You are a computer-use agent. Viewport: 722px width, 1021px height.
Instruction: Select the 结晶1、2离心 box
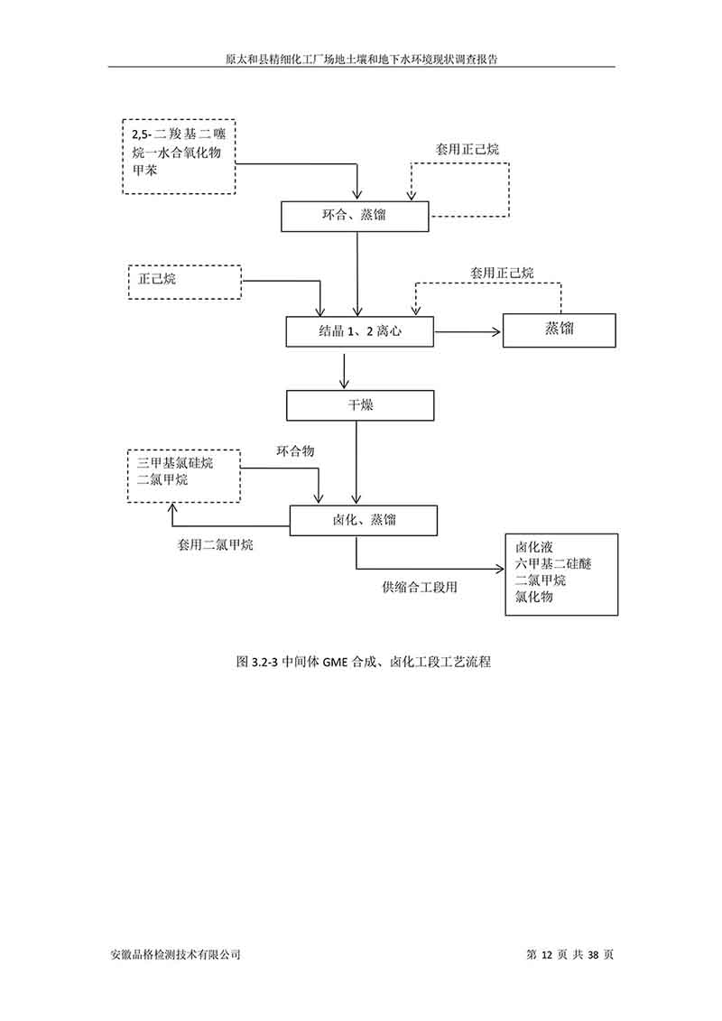coord(359,331)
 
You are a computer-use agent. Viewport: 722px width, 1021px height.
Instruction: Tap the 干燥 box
coord(361,405)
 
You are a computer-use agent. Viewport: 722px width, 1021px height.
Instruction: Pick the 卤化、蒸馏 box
coord(363,520)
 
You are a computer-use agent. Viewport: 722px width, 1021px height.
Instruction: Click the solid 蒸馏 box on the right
coord(559,330)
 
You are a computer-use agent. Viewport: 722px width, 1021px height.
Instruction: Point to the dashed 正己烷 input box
coord(185,281)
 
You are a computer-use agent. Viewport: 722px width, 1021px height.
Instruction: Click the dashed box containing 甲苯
coord(178,156)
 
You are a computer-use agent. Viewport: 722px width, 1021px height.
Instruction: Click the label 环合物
coord(295,450)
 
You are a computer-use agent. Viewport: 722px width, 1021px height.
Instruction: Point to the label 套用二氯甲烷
coord(215,545)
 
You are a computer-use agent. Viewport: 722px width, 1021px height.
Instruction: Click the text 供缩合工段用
coord(420,588)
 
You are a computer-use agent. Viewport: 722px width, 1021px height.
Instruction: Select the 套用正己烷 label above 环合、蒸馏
coord(467,149)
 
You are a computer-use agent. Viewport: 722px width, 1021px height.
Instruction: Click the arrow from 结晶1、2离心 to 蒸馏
coord(468,332)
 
